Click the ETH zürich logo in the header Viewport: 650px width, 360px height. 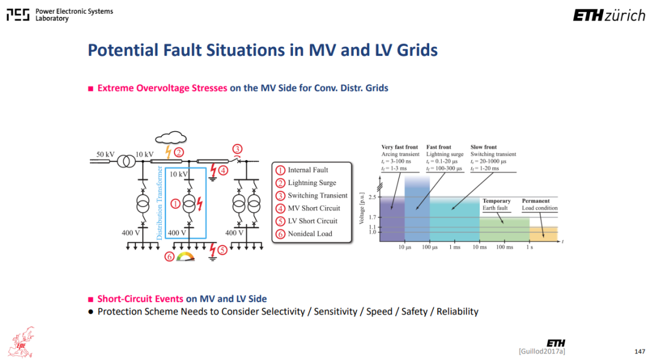pyautogui.click(x=609, y=16)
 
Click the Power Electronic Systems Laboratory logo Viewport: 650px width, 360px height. pyautogui.click(x=60, y=15)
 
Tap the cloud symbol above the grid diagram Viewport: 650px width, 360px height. pyautogui.click(x=171, y=137)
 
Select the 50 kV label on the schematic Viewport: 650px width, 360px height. pyautogui.click(x=105, y=154)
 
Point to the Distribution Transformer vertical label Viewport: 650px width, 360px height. pyautogui.click(x=159, y=203)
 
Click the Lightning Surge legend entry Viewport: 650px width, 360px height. pyautogui.click(x=306, y=183)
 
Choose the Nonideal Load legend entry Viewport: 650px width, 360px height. pyautogui.click(x=305, y=234)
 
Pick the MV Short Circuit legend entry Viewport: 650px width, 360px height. pyautogui.click(x=308, y=208)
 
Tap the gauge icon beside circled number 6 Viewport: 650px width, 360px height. pyautogui.click(x=185, y=256)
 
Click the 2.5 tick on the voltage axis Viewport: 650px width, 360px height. pyautogui.click(x=373, y=197)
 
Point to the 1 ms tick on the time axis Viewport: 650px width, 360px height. pyautogui.click(x=455, y=247)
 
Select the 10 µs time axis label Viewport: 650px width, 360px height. pyautogui.click(x=404, y=247)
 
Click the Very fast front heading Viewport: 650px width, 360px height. pyautogui.click(x=400, y=147)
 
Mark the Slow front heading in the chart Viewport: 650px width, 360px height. pyautogui.click(x=483, y=147)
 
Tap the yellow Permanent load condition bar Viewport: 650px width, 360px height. pyautogui.click(x=543, y=234)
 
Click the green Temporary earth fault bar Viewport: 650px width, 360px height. pyautogui.click(x=504, y=229)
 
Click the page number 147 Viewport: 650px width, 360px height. pyautogui.click(x=640, y=352)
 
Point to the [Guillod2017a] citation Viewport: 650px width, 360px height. pyautogui.click(x=542, y=352)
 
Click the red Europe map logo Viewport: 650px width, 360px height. pyautogui.click(x=22, y=342)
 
